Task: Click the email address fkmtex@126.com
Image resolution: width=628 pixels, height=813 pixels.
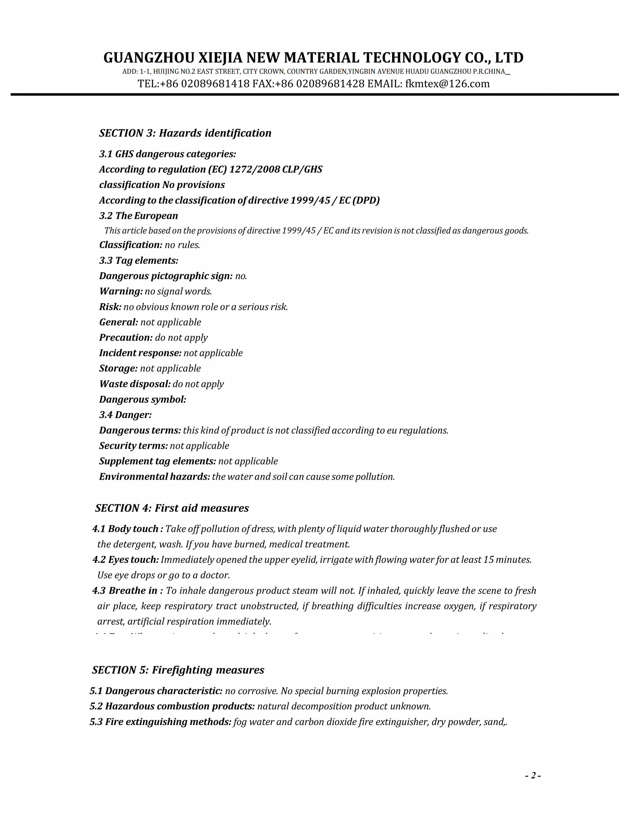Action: click(x=447, y=84)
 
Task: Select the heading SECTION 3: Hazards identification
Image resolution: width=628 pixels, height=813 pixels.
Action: click(x=185, y=133)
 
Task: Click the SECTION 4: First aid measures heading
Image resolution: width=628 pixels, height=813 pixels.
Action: click(x=172, y=508)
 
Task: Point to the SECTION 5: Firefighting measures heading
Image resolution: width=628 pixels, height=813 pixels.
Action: click(x=178, y=670)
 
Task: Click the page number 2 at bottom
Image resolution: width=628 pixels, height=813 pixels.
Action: click(x=533, y=775)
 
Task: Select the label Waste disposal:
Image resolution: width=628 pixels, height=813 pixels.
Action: click(x=135, y=384)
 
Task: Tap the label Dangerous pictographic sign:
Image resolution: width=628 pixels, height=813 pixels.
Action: click(x=166, y=276)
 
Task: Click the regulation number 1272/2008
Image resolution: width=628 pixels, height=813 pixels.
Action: click(x=254, y=169)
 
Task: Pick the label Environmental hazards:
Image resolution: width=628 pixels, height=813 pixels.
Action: click(x=154, y=477)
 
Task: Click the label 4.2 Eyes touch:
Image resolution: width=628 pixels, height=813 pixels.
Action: click(x=126, y=559)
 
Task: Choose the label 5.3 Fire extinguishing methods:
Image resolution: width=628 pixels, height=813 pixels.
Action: click(x=160, y=722)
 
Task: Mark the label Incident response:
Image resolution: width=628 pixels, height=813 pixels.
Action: click(x=140, y=353)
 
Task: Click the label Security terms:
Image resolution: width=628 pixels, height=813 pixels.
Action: click(x=133, y=446)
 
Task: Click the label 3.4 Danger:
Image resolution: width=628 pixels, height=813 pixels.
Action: click(x=125, y=415)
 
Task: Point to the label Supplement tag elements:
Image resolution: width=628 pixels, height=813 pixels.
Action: click(x=157, y=461)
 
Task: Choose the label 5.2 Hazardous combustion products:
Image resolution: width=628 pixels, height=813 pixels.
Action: click(x=172, y=706)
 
